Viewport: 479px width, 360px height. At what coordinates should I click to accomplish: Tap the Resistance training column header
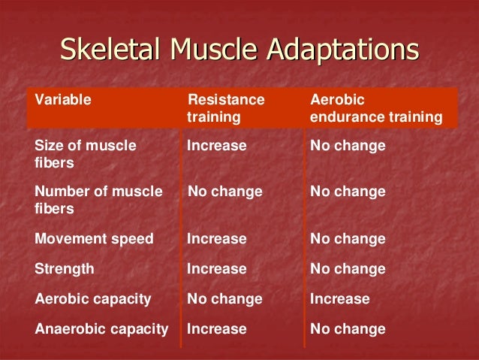(x=226, y=108)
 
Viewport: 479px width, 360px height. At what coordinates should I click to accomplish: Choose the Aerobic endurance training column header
(x=375, y=108)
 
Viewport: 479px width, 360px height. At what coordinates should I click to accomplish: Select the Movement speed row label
(x=94, y=239)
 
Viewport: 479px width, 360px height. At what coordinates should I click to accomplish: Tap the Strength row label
(x=65, y=268)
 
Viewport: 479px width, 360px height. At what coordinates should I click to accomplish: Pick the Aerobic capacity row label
(x=93, y=298)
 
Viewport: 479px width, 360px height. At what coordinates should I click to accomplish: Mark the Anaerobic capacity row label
(x=101, y=328)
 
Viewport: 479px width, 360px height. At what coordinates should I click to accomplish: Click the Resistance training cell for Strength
(x=217, y=268)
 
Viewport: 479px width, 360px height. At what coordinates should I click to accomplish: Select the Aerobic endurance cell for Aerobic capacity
(x=340, y=298)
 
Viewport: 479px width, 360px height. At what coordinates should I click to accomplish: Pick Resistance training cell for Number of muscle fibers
(x=225, y=192)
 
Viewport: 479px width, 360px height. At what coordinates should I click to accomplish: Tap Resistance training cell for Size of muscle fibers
(x=217, y=145)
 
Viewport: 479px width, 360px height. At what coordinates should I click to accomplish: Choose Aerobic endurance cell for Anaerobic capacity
(x=348, y=328)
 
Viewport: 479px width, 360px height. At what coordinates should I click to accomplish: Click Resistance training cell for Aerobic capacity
(x=225, y=298)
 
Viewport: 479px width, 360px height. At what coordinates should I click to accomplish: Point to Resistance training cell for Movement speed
(x=217, y=239)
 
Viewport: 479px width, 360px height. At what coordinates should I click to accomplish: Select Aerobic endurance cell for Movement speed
(x=348, y=239)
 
